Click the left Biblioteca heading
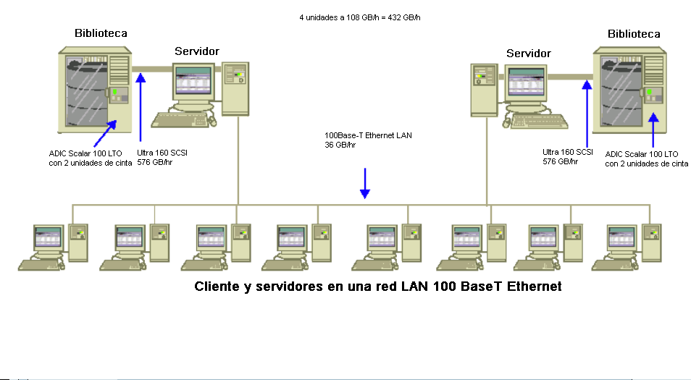pyautogui.click(x=101, y=33)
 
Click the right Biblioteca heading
pyautogui.click(x=634, y=33)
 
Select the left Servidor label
pyautogui.click(x=197, y=51)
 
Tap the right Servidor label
pyautogui.click(x=529, y=54)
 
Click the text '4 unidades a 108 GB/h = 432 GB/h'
pyautogui.click(x=355, y=17)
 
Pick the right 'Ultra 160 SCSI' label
pyautogui.click(x=568, y=152)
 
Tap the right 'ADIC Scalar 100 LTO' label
pyautogui.click(x=642, y=154)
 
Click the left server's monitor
pyautogui.click(x=193, y=87)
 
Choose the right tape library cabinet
pyautogui.click(x=629, y=91)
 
